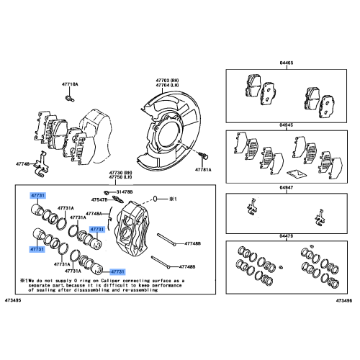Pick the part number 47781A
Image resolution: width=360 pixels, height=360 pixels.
click(204, 169)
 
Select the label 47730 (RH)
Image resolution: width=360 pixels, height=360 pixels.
click(120, 174)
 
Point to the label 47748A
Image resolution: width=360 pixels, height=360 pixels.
click(95, 214)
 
